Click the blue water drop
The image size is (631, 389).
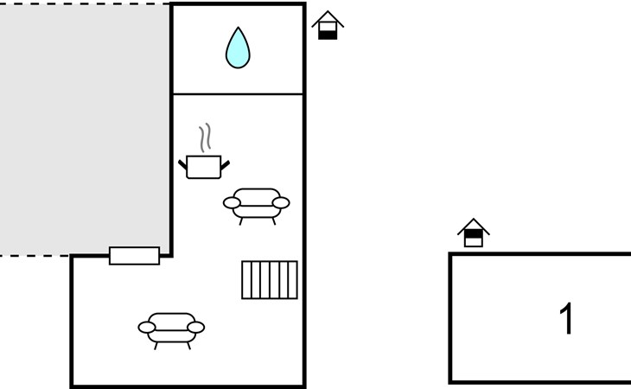click(x=238, y=49)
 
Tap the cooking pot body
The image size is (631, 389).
click(x=204, y=167)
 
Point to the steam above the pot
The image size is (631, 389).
click(x=205, y=137)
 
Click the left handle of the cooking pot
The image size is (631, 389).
click(x=183, y=163)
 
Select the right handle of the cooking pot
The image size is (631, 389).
click(x=226, y=163)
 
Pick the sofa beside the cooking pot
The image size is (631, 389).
click(x=257, y=204)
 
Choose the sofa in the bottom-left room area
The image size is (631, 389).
click(x=171, y=328)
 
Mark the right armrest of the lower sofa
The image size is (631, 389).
click(x=197, y=328)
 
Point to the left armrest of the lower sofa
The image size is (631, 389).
click(x=146, y=328)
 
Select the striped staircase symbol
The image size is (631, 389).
click(x=270, y=280)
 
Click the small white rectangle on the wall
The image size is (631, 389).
click(x=134, y=256)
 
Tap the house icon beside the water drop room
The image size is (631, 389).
click(x=328, y=25)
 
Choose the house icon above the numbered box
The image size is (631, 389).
click(x=473, y=233)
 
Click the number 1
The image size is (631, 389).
click(x=567, y=319)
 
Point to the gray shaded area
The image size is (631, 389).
click(x=85, y=130)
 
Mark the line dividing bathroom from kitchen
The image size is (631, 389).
click(x=238, y=94)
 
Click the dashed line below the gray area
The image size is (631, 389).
click(x=35, y=256)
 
